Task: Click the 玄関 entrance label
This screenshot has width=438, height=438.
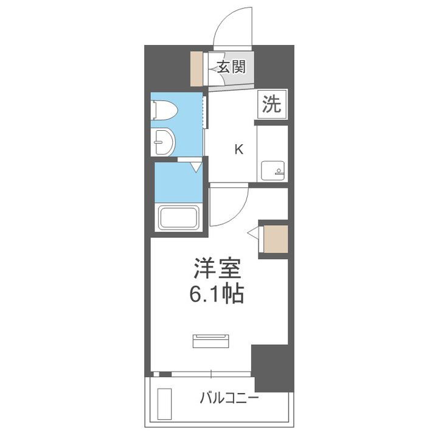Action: click(x=231, y=67)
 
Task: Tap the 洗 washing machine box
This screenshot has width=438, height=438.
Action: click(x=272, y=105)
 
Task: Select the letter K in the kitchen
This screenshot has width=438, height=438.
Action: click(x=239, y=150)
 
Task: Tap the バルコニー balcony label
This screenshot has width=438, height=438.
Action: click(x=229, y=399)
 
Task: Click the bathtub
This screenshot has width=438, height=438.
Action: click(x=178, y=217)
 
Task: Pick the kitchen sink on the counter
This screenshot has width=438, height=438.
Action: click(x=271, y=171)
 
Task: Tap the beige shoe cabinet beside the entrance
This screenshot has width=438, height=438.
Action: click(x=197, y=69)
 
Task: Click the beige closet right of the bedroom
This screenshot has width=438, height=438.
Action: click(x=276, y=240)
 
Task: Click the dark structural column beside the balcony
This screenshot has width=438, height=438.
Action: click(x=273, y=367)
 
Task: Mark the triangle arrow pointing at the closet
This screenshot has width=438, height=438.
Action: click(x=253, y=232)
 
